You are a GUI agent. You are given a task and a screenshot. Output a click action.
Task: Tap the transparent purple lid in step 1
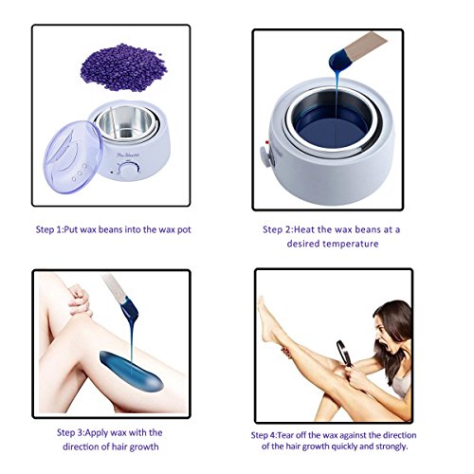[72, 157]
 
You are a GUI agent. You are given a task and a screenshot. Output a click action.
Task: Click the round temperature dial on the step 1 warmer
[128, 171]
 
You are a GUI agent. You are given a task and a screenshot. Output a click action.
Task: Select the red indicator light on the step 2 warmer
[267, 142]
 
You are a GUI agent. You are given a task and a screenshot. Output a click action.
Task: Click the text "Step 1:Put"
[57, 229]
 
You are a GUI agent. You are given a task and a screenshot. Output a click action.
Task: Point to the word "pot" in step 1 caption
[184, 229]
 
